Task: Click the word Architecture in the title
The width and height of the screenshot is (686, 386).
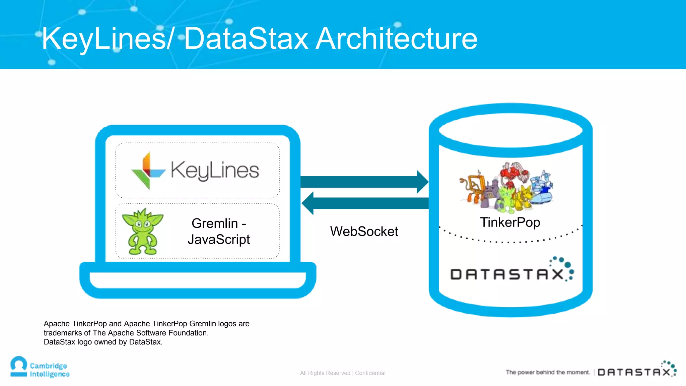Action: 397,39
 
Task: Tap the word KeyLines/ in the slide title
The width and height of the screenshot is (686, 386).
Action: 107,39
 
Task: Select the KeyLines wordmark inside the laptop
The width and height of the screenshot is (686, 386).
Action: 215,170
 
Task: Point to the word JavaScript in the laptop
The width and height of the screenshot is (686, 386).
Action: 219,240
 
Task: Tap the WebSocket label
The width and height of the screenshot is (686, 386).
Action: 364,232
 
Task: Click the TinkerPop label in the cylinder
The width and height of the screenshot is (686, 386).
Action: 510,222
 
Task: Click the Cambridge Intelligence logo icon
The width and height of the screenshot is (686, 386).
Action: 19,367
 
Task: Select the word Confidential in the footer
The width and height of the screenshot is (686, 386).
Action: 370,373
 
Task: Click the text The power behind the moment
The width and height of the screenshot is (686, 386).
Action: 548,372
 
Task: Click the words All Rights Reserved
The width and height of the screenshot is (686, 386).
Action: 325,373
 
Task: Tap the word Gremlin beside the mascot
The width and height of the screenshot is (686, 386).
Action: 215,223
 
